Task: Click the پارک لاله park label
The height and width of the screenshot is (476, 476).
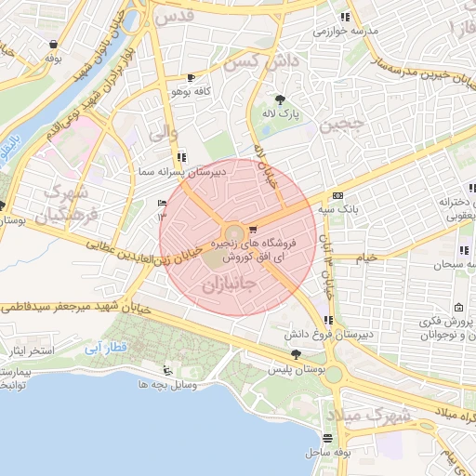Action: (279, 112)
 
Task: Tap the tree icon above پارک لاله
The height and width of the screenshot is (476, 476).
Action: (279, 99)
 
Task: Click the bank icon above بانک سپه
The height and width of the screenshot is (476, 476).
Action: (337, 196)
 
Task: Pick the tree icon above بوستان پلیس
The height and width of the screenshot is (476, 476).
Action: (296, 353)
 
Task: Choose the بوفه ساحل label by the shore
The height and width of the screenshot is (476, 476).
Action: (326, 452)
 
